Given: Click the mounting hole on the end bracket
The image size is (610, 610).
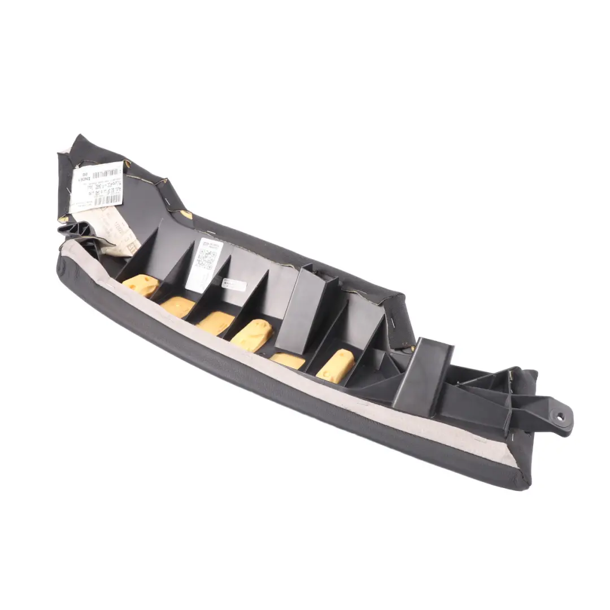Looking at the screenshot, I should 560,417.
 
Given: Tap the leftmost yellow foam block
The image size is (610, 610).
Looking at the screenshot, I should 141,285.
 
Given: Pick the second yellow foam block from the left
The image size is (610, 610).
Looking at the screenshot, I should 177,306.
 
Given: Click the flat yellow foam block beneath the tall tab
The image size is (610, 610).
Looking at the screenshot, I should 287,360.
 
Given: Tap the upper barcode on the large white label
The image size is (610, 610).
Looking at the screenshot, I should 107,173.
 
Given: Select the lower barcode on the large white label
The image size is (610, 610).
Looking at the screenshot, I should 107,200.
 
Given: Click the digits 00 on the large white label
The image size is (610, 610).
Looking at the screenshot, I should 85,176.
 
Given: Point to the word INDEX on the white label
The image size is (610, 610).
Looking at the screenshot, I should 83,184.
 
